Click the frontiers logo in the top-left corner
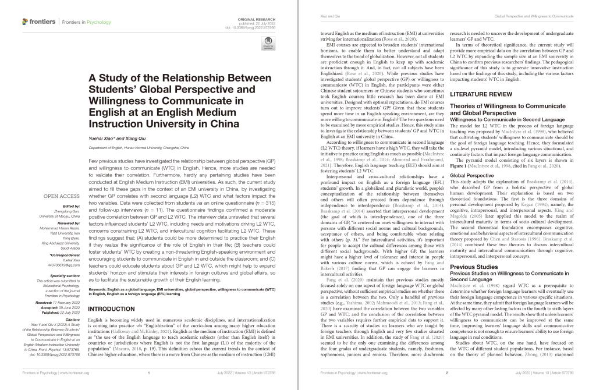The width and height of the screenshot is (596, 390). point(38,22)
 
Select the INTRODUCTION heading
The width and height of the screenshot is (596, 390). point(111,309)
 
